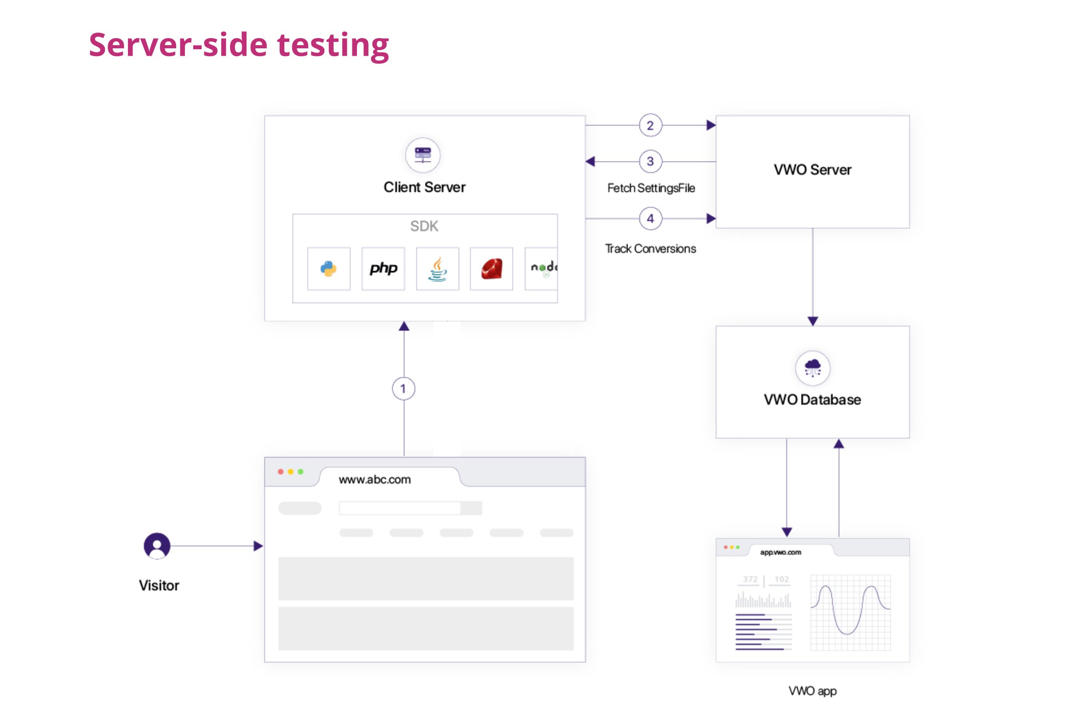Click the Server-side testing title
pos(239,45)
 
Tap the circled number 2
pos(650,125)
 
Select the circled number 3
pos(650,161)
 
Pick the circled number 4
pos(650,218)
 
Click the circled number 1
pos(403,389)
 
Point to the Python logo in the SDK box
pos(328,269)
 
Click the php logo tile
pos(383,269)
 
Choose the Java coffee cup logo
pos(438,269)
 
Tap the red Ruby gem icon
pos(491,269)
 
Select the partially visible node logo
pos(543,269)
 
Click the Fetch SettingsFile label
pos(651,188)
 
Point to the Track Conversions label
pos(650,249)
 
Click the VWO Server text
pos(812,170)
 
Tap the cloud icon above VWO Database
pos(812,368)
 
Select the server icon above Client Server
pos(422,155)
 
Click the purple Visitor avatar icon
pos(157,546)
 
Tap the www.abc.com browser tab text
pos(375,479)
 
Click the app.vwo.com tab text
pos(780,552)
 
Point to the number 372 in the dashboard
pos(750,579)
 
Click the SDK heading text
pos(424,226)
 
